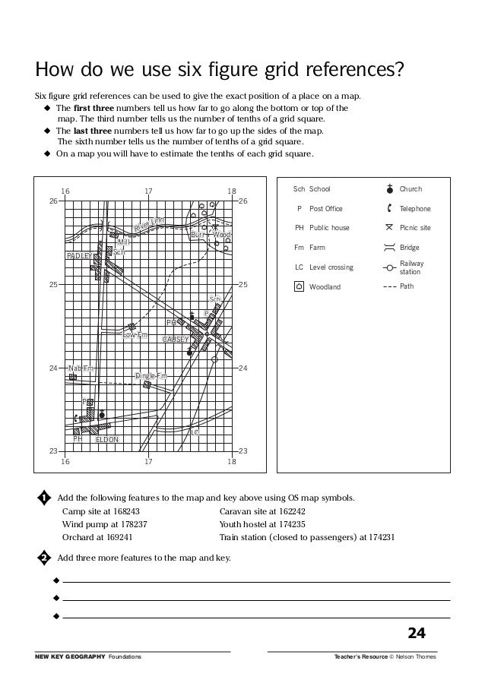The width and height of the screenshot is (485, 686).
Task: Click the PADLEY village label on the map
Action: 79,256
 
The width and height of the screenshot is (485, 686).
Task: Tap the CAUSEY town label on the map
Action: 176,339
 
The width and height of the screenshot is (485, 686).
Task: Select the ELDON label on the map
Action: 106,439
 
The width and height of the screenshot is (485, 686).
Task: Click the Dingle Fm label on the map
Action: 151,376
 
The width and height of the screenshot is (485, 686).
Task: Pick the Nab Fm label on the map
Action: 81,368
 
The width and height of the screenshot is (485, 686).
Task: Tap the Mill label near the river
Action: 124,242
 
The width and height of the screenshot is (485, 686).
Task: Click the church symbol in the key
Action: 389,188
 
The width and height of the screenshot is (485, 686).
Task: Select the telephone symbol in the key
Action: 389,208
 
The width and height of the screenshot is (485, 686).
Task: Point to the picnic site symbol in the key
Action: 389,227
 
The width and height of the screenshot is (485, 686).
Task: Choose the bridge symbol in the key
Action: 389,247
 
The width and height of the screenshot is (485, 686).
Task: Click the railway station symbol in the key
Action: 389,267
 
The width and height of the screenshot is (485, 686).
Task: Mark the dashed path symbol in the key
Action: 389,287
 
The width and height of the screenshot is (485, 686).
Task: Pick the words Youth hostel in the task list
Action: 241,523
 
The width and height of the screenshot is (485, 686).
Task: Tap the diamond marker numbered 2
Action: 44,558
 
